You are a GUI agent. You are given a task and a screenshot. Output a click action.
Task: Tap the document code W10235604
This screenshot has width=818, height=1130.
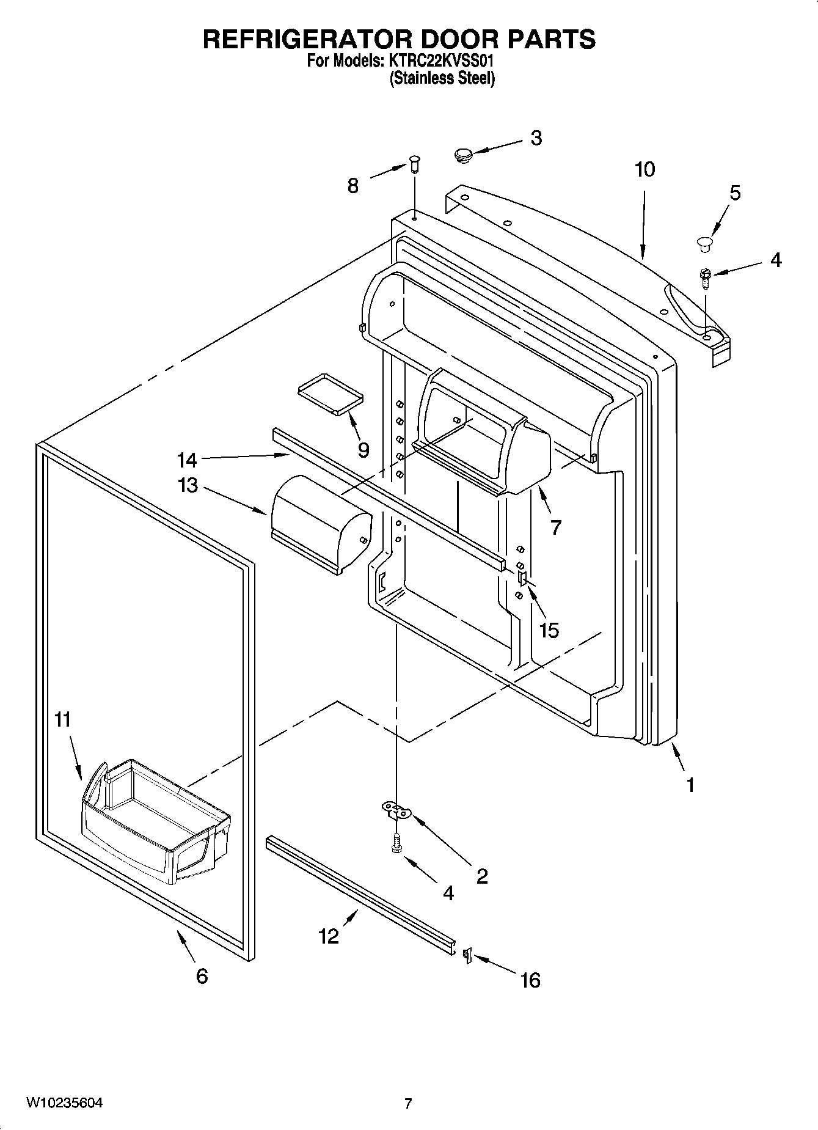click(64, 1102)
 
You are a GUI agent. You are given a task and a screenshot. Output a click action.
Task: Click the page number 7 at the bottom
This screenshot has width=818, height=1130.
click(408, 1103)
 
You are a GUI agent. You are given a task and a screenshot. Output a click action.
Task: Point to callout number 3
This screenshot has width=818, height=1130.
click(536, 138)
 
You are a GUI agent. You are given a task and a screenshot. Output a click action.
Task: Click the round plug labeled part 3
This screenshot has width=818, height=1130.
click(465, 155)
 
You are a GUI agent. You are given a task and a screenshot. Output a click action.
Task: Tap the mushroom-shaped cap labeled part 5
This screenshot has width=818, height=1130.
click(706, 243)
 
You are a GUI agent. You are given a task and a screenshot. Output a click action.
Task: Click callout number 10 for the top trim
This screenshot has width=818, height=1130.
click(645, 169)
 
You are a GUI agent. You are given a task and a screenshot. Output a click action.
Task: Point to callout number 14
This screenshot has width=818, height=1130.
click(187, 460)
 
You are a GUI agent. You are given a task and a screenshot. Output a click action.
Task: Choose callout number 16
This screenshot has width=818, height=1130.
click(530, 980)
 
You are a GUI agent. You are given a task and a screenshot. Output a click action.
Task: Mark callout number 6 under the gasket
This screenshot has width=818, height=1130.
click(202, 976)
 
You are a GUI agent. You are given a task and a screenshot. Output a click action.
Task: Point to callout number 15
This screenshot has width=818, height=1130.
click(549, 630)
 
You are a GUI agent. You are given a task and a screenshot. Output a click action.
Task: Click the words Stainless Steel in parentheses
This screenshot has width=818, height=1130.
click(442, 79)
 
